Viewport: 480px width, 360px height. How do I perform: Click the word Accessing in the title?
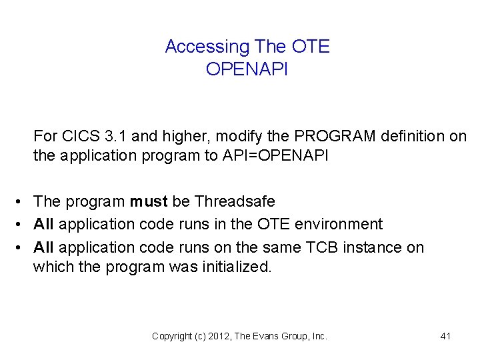coord(206,47)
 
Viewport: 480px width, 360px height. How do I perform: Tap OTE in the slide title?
coord(311,47)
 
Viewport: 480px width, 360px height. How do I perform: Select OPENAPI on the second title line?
coord(247,69)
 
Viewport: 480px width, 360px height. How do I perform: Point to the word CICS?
coord(81,137)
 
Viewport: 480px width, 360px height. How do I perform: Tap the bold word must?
coord(149,201)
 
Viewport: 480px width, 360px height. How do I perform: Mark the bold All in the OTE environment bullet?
coord(44,224)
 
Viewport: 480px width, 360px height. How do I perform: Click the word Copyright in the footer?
coord(172,337)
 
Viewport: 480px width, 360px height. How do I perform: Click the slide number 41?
coord(446,337)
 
